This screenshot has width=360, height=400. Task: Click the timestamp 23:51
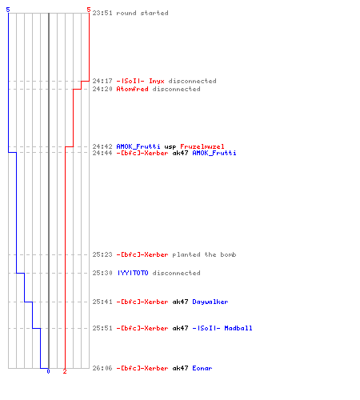[102, 13]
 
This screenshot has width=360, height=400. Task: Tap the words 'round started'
[142, 13]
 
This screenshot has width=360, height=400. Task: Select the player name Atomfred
[132, 89]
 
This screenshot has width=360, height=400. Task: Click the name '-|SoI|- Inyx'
[140, 81]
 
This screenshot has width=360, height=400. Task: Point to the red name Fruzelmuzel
[202, 146]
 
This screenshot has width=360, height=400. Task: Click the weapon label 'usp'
[170, 147]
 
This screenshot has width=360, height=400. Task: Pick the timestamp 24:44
[102, 153]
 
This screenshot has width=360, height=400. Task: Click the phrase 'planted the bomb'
[204, 254]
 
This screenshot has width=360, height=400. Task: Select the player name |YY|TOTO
[133, 273]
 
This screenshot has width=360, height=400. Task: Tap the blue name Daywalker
[210, 302]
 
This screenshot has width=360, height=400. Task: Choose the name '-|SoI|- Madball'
[222, 328]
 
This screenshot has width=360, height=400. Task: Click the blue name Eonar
[202, 368]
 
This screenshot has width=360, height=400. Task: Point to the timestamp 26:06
[102, 368]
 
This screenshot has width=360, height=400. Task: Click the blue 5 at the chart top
[8, 10]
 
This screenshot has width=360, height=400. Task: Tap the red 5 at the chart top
[89, 10]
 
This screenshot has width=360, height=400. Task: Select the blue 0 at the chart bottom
[48, 371]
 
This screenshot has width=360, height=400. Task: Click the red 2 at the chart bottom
[65, 371]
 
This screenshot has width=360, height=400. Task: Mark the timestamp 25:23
[102, 254]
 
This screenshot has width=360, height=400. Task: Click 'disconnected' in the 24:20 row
[177, 89]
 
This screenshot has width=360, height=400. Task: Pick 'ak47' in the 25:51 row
[180, 328]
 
